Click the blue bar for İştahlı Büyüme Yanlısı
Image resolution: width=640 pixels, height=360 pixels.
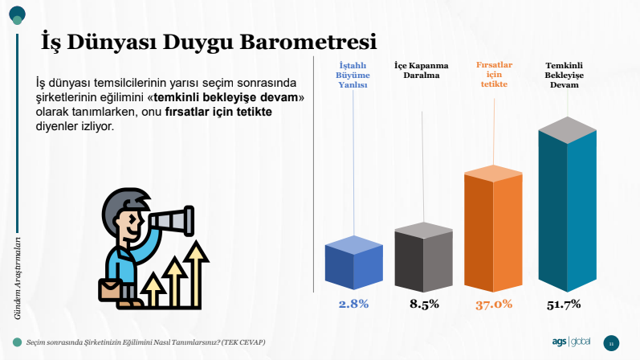[x=354, y=263]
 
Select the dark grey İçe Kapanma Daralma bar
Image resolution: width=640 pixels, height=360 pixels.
[x=424, y=256]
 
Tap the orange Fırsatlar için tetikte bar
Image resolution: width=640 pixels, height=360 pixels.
[x=493, y=228]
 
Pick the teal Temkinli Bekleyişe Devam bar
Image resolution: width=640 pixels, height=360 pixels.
[x=568, y=204]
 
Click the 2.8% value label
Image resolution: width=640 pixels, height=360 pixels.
[x=353, y=304]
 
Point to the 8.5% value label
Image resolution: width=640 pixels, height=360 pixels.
[x=424, y=304]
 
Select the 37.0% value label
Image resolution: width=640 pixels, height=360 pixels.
[x=494, y=305]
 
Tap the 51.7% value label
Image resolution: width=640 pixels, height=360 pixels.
[x=564, y=305]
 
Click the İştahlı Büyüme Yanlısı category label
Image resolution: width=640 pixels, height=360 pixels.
[x=353, y=76]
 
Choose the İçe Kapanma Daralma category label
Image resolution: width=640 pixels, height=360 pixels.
[x=422, y=70]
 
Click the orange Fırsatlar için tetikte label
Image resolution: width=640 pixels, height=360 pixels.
[x=494, y=75]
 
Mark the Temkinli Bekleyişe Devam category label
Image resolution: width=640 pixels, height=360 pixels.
[x=564, y=76]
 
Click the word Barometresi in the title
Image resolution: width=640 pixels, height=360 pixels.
[x=308, y=42]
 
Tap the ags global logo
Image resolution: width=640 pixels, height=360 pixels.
[x=571, y=342]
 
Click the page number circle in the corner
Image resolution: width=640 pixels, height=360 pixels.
[x=611, y=343]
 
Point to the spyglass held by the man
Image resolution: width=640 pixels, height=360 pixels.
[x=171, y=221]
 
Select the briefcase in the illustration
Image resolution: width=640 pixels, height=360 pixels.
[x=109, y=290]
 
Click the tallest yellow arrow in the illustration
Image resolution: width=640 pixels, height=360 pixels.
[x=196, y=274]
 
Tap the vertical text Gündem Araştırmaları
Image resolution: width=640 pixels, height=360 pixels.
[x=17, y=278]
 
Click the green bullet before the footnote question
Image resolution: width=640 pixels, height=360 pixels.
[x=17, y=342]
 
